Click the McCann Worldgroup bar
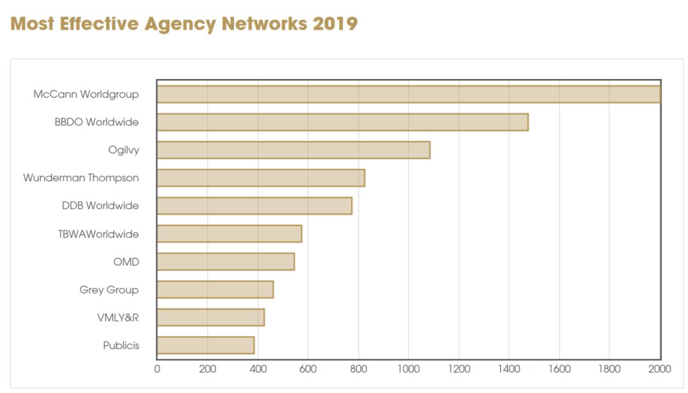pyautogui.click(x=408, y=94)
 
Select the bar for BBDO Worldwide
pyautogui.click(x=343, y=122)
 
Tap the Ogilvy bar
pyautogui.click(x=294, y=150)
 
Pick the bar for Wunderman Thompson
pyautogui.click(x=261, y=178)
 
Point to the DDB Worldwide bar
pyautogui.click(x=254, y=206)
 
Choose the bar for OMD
pyautogui.click(x=226, y=261)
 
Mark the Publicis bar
pyautogui.click(x=205, y=345)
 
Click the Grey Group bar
pyautogui.click(x=215, y=289)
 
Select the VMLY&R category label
pyautogui.click(x=118, y=318)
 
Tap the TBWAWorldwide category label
pyautogui.click(x=98, y=234)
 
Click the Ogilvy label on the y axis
pyautogui.click(x=124, y=150)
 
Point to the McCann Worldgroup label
pyautogui.click(x=86, y=94)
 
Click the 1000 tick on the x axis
pyautogui.click(x=408, y=369)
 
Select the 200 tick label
pyautogui.click(x=208, y=369)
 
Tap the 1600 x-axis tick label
pyautogui.click(x=559, y=369)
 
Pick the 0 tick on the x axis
pyautogui.click(x=157, y=369)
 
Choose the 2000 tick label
pyautogui.click(x=660, y=369)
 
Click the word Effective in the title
pyautogui.click(x=99, y=24)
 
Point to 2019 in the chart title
pyautogui.click(x=335, y=24)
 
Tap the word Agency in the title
pyautogui.click(x=180, y=25)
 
